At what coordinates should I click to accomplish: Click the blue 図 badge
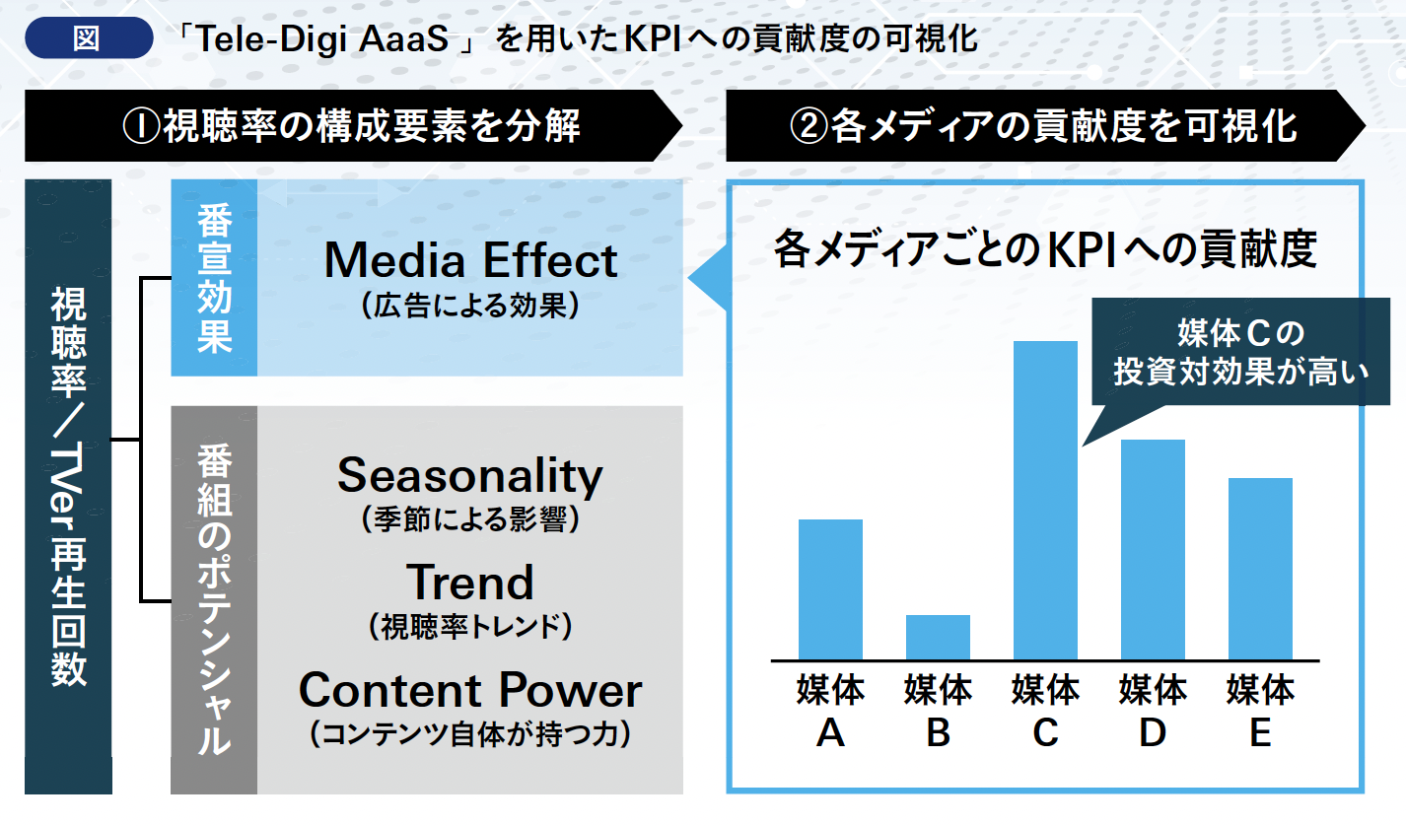pos(89,37)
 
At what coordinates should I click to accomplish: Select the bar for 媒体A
pos(830,589)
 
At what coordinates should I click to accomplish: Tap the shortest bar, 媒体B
pos(938,637)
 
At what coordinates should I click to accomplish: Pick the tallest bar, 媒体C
pos(1045,501)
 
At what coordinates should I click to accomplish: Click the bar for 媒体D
pos(1153,550)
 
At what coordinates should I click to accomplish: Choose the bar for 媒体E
pos(1260,569)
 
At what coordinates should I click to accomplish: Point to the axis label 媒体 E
pos(1260,711)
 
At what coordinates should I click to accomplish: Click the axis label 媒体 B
pos(938,711)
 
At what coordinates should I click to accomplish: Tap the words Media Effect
pos(470,260)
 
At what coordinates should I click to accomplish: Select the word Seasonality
pos(470,476)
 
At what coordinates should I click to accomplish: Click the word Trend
pos(470,582)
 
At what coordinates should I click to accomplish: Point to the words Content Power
pos(470,690)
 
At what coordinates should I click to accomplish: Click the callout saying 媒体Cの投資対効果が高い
pos(1240,352)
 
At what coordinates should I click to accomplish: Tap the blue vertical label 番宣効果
pos(214,278)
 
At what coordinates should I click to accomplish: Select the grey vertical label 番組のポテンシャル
pos(214,599)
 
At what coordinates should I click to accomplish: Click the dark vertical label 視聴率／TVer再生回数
pos(68,487)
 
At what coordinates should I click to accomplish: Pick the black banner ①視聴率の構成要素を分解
pos(353,125)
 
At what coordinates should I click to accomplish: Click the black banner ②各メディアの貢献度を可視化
pos(1045,125)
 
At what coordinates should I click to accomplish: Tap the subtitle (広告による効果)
pos(470,307)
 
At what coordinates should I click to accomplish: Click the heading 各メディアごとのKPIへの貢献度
pos(1045,249)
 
